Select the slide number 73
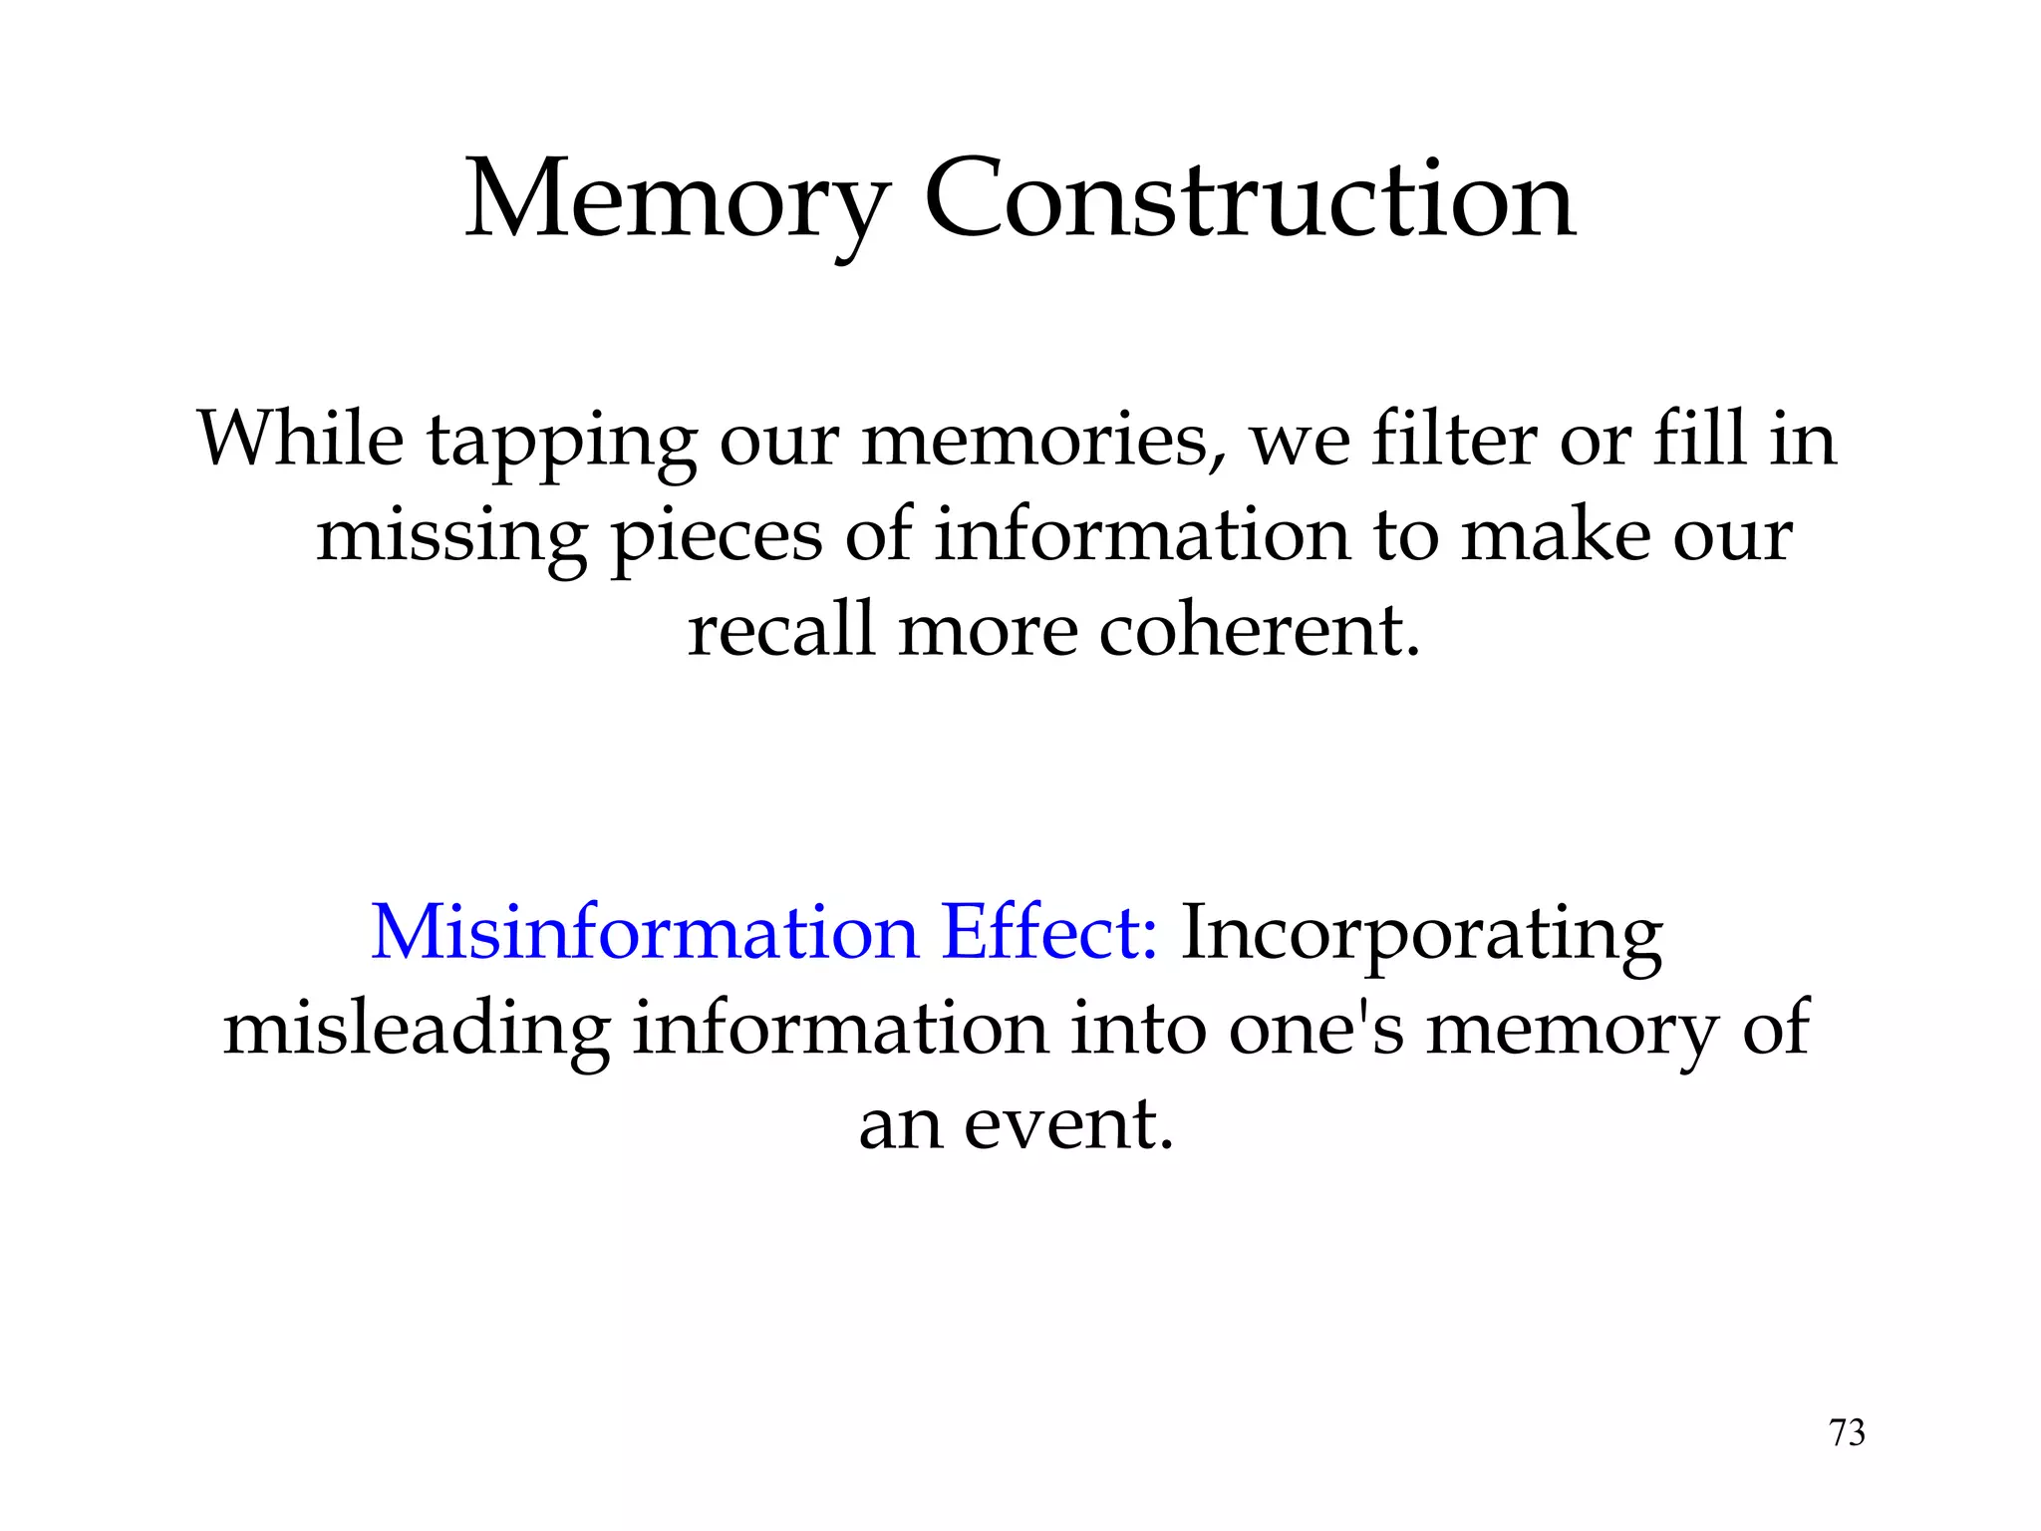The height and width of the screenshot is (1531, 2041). tap(1847, 1432)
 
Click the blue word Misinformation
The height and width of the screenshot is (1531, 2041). tap(644, 933)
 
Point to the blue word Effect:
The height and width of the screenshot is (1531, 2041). tap(1049, 933)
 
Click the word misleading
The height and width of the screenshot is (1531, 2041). tap(417, 1031)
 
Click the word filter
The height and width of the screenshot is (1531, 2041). tap(1453, 439)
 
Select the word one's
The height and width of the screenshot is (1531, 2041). tap(1315, 1029)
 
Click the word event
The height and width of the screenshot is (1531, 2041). tap(1068, 1124)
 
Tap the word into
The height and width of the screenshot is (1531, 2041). tap(1136, 1029)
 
